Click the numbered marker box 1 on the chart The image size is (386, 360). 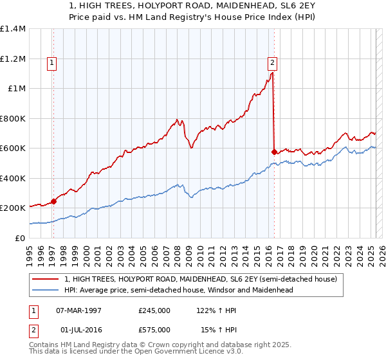tap(51, 63)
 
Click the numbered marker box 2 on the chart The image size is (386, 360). tap(273, 63)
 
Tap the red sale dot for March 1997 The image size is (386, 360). tap(53, 201)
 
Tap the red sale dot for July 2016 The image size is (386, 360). tap(275, 152)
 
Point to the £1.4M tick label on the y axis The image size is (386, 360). tap(13, 29)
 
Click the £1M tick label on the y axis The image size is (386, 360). tap(17, 89)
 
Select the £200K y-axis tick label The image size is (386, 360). tap(13, 208)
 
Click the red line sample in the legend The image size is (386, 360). tap(46, 280)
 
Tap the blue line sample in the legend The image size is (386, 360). tap(46, 290)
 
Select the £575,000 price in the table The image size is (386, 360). tap(154, 330)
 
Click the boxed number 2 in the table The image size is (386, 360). tap(33, 330)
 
